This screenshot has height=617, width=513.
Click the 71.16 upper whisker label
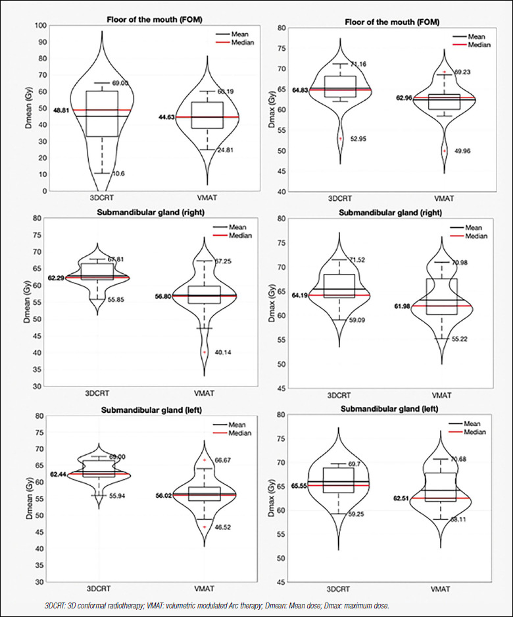[x=359, y=64]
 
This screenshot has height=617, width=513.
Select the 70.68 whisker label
[x=463, y=459]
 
